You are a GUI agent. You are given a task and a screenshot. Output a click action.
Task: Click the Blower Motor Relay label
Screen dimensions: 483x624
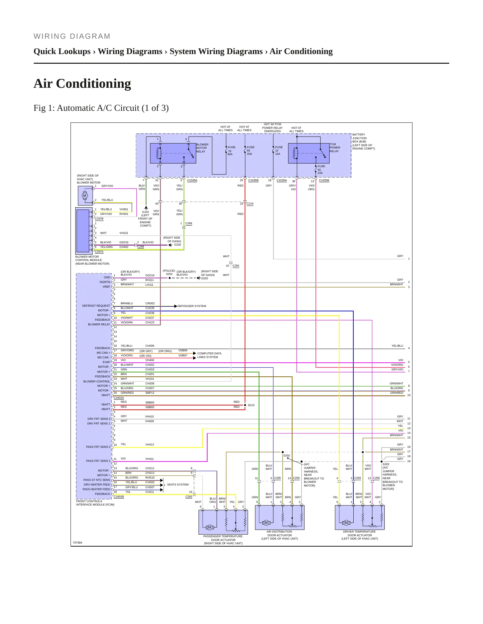pyautogui.click(x=202, y=148)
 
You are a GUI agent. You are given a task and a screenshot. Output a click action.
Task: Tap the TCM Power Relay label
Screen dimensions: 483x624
pyautogui.click(x=335, y=148)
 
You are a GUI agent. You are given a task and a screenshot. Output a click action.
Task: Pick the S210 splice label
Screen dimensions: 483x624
pyautogui.click(x=251, y=405)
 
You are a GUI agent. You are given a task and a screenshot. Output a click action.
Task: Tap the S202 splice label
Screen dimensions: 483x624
pyautogui.click(x=287, y=455)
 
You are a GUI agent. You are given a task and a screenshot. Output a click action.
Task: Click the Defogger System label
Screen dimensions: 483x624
pyautogui.click(x=192, y=306)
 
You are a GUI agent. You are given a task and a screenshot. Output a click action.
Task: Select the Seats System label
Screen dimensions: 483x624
pyautogui.click(x=178, y=485)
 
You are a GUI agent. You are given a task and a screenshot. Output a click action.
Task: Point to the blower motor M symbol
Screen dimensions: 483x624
pyautogui.click(x=85, y=196)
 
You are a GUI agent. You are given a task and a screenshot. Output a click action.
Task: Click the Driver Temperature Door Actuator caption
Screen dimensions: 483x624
pyautogui.click(x=360, y=535)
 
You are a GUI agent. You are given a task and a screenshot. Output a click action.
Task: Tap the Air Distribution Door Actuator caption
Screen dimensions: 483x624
pyautogui.click(x=280, y=535)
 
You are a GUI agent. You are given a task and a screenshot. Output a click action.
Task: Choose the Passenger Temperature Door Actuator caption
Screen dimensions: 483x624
pyautogui.click(x=223, y=540)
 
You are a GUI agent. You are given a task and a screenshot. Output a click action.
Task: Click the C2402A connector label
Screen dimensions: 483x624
pyautogui.click(x=119, y=398)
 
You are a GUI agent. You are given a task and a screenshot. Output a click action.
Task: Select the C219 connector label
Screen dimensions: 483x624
pyautogui.click(x=250, y=204)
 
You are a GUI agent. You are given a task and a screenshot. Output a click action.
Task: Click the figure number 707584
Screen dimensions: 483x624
pyautogui.click(x=78, y=543)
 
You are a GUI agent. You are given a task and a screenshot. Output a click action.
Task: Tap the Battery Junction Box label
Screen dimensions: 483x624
pyautogui.click(x=364, y=141)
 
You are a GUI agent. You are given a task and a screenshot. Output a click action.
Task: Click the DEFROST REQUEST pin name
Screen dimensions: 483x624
pyautogui.click(x=96, y=306)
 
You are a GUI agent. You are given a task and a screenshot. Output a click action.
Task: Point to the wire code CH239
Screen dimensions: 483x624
pyautogui.click(x=150, y=308)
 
